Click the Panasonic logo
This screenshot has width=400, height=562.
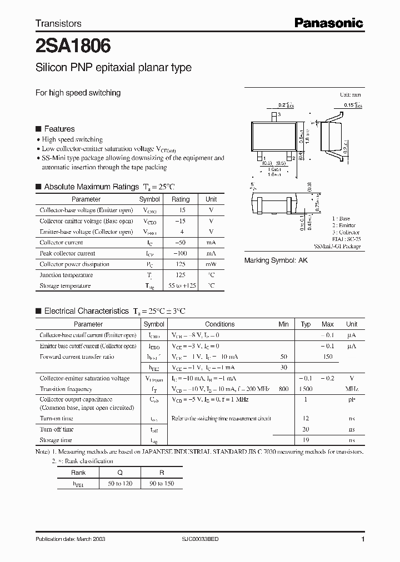(328, 23)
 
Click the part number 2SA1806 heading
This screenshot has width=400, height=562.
(73, 45)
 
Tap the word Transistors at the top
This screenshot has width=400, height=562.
(58, 23)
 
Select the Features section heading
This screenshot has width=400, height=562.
(59, 129)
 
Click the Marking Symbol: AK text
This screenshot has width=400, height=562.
(276, 260)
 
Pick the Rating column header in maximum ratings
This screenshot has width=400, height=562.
(181, 199)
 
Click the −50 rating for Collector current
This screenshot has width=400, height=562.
(181, 243)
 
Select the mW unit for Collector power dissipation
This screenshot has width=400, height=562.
(211, 264)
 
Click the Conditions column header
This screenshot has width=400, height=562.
(219, 324)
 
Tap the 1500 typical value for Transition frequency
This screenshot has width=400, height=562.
(306, 389)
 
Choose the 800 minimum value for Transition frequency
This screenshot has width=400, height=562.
(284, 389)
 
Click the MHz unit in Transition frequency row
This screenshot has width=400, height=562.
(352, 389)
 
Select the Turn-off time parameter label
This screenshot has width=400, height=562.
(57, 429)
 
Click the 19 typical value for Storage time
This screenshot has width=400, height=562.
(306, 440)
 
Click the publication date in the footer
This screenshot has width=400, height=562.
(70, 539)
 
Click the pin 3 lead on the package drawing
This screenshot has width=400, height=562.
(273, 116)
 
